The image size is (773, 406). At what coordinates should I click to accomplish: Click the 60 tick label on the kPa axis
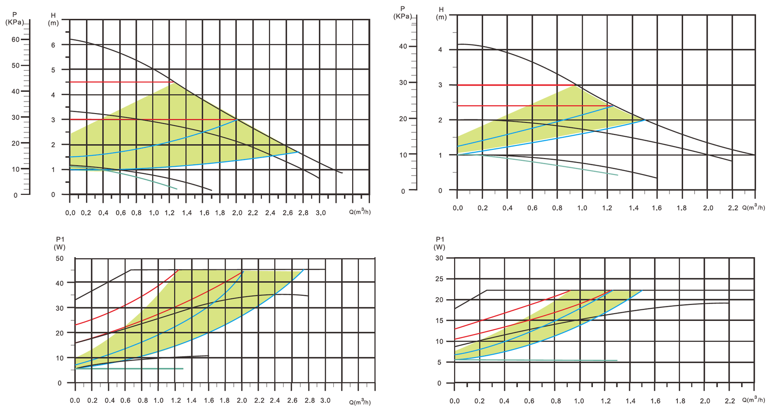(15, 40)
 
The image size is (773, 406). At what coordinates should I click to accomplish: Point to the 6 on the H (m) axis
(54, 45)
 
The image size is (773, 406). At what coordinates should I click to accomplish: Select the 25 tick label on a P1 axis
(439, 279)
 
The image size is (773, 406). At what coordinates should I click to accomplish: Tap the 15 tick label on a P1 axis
(439, 320)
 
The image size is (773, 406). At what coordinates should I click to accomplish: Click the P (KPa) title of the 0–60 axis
(15, 18)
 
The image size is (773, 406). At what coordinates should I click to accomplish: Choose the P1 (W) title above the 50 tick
(60, 243)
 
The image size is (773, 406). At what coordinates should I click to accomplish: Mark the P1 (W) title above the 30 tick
(440, 243)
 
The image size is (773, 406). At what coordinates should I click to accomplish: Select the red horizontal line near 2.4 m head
(531, 106)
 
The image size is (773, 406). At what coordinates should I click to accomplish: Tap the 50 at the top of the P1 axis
(59, 259)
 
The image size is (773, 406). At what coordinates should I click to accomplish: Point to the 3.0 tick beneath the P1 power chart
(325, 400)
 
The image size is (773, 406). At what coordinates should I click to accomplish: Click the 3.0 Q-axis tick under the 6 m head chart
(320, 213)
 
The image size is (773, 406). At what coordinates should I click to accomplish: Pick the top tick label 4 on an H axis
(440, 50)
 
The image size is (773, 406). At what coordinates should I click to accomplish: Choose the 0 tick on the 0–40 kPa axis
(403, 191)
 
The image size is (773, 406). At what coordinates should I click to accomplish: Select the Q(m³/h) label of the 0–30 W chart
(754, 400)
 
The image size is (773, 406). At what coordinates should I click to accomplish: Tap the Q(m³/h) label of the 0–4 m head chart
(754, 208)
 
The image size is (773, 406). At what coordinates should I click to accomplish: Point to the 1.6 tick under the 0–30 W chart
(655, 401)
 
